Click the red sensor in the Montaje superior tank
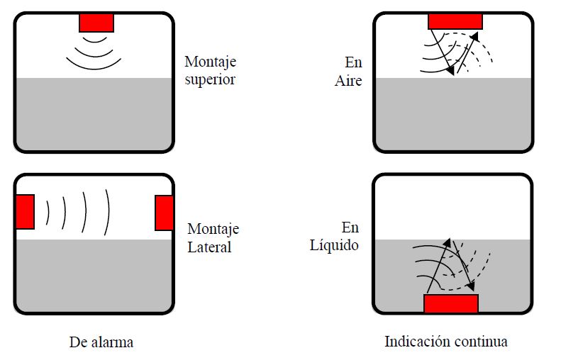(x=96, y=22)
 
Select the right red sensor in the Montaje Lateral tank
(x=164, y=213)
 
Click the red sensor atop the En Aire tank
(x=455, y=20)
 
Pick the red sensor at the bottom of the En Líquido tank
(x=451, y=303)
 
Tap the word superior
(x=210, y=79)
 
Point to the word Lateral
(x=209, y=247)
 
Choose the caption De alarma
(x=101, y=342)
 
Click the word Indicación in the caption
(x=417, y=342)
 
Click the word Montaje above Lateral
(x=213, y=229)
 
